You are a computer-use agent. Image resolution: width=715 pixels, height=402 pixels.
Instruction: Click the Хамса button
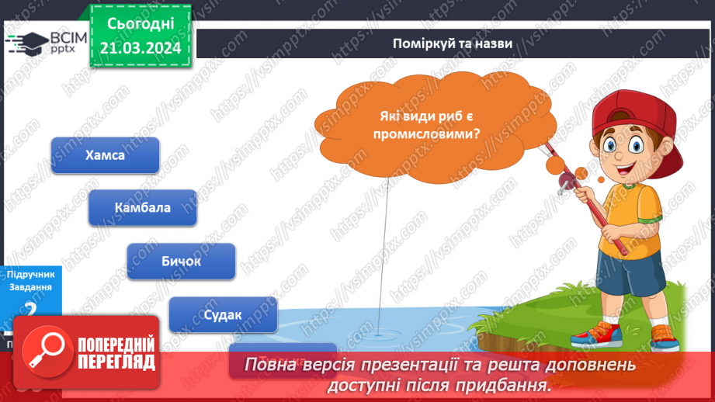pyautogui.click(x=105, y=155)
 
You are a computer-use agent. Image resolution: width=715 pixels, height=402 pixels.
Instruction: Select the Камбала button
pyautogui.click(x=142, y=208)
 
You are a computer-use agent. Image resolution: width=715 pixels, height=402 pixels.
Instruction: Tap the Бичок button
pyautogui.click(x=180, y=261)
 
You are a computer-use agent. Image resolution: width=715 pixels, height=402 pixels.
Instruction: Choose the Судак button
pyautogui.click(x=222, y=314)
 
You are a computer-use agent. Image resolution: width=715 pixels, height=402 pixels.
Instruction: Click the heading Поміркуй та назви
pyautogui.click(x=452, y=43)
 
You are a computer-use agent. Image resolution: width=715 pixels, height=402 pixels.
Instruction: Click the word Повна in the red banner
pyautogui.click(x=270, y=365)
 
